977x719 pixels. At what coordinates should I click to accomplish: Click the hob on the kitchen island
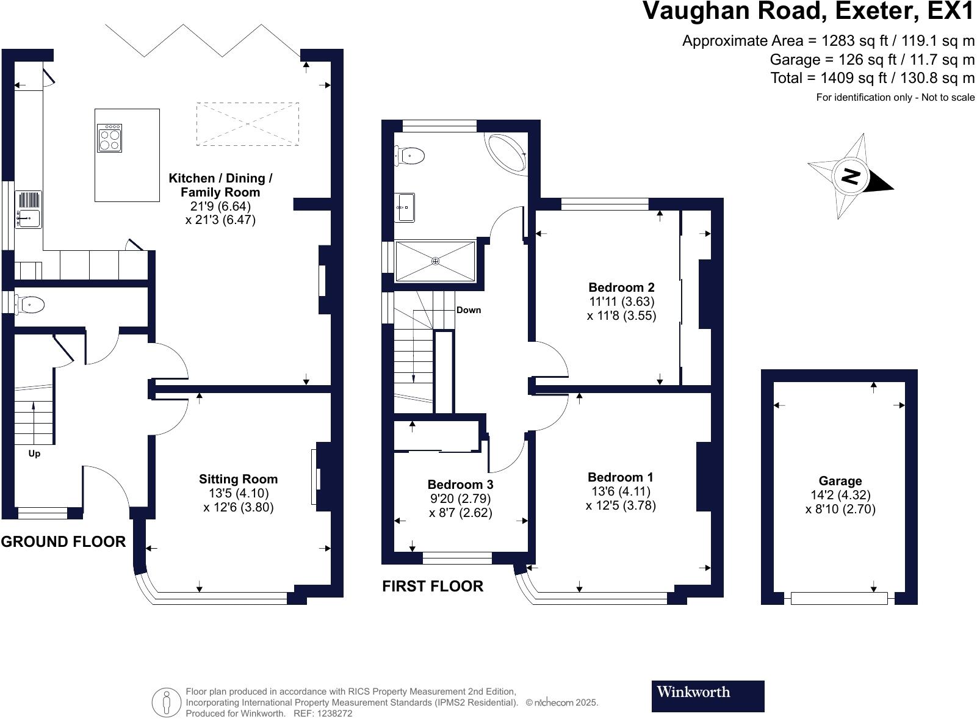point(109,138)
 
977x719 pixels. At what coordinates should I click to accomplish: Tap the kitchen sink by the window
point(28,209)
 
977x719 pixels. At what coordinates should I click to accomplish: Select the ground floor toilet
point(30,304)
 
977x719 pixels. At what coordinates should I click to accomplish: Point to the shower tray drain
point(435,261)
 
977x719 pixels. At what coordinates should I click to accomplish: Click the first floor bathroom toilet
point(409,156)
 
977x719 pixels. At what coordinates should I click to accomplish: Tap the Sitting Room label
point(238,479)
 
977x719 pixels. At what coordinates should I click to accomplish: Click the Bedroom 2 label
point(621,287)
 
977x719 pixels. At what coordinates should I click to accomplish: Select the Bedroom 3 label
point(460,485)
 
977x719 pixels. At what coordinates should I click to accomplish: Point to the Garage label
point(840,481)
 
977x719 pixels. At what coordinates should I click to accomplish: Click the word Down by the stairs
point(469,310)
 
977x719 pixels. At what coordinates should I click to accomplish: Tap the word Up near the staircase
point(34,454)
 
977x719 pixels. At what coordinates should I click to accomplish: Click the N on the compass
point(850,176)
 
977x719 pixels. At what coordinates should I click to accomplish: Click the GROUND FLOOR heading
point(63,542)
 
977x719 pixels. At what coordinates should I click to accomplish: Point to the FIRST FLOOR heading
point(433,587)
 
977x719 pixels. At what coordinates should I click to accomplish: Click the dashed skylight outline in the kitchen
point(248,124)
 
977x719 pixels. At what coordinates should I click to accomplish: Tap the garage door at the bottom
point(838,598)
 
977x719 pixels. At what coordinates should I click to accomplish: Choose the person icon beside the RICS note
point(166,703)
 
